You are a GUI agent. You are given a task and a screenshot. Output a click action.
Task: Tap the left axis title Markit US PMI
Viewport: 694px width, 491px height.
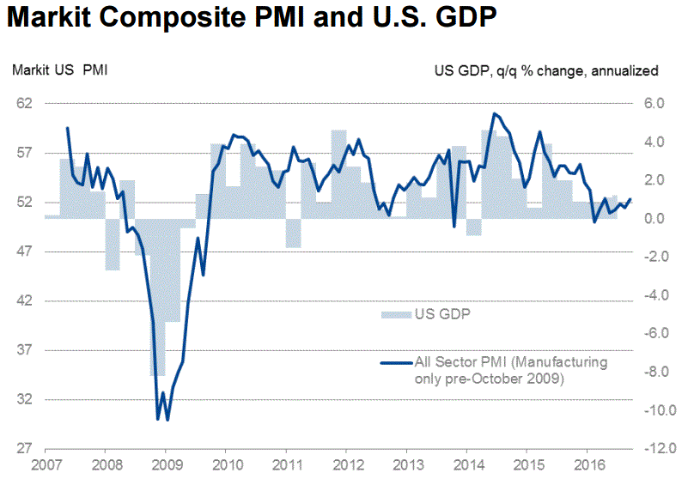(x=59, y=70)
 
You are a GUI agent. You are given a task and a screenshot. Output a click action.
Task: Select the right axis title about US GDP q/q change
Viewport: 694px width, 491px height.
(x=546, y=70)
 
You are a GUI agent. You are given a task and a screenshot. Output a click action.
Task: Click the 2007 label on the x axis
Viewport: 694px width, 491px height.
(x=45, y=468)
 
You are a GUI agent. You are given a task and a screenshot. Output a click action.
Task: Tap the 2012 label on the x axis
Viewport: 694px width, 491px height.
(x=346, y=468)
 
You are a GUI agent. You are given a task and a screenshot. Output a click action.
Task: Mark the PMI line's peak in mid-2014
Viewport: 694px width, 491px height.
(x=494, y=113)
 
